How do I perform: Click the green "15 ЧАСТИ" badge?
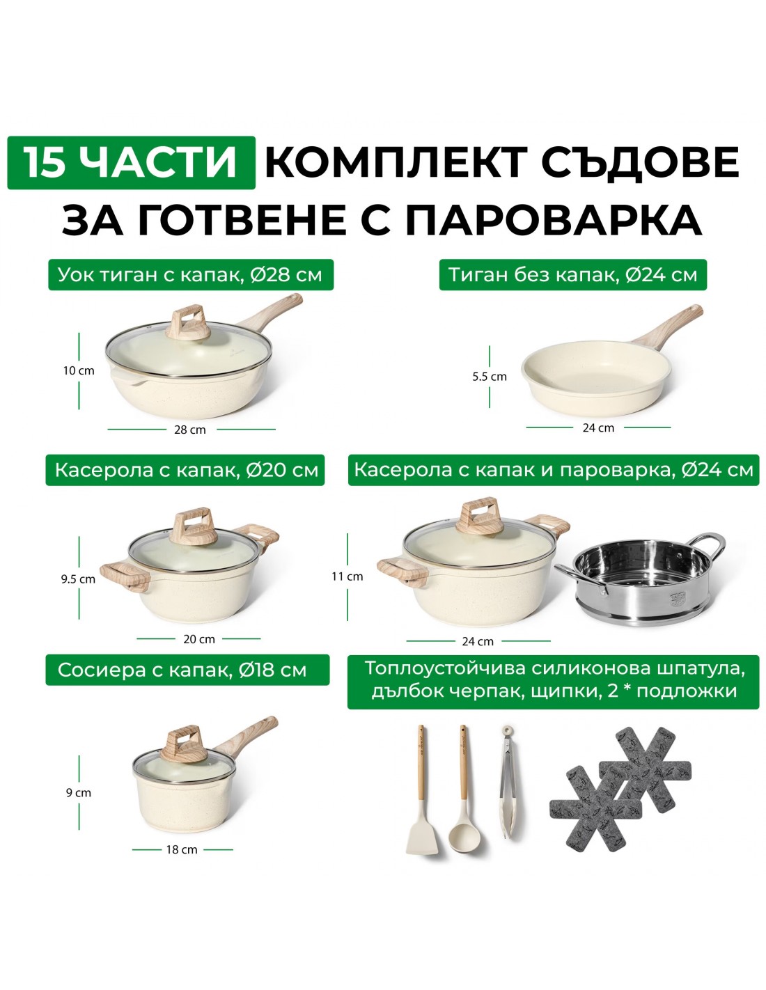click(x=131, y=162)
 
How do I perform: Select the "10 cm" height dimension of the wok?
click(x=79, y=370)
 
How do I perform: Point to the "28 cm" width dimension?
click(x=190, y=430)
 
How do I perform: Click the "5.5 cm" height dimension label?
click(x=490, y=377)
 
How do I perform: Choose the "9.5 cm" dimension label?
click(x=79, y=579)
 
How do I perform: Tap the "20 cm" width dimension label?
click(x=199, y=638)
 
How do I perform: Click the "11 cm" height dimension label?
click(x=347, y=576)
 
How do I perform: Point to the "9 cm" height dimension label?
click(x=79, y=793)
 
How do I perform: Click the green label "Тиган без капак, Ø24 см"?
click(x=573, y=275)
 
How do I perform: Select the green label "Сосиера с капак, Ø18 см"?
click(x=187, y=670)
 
